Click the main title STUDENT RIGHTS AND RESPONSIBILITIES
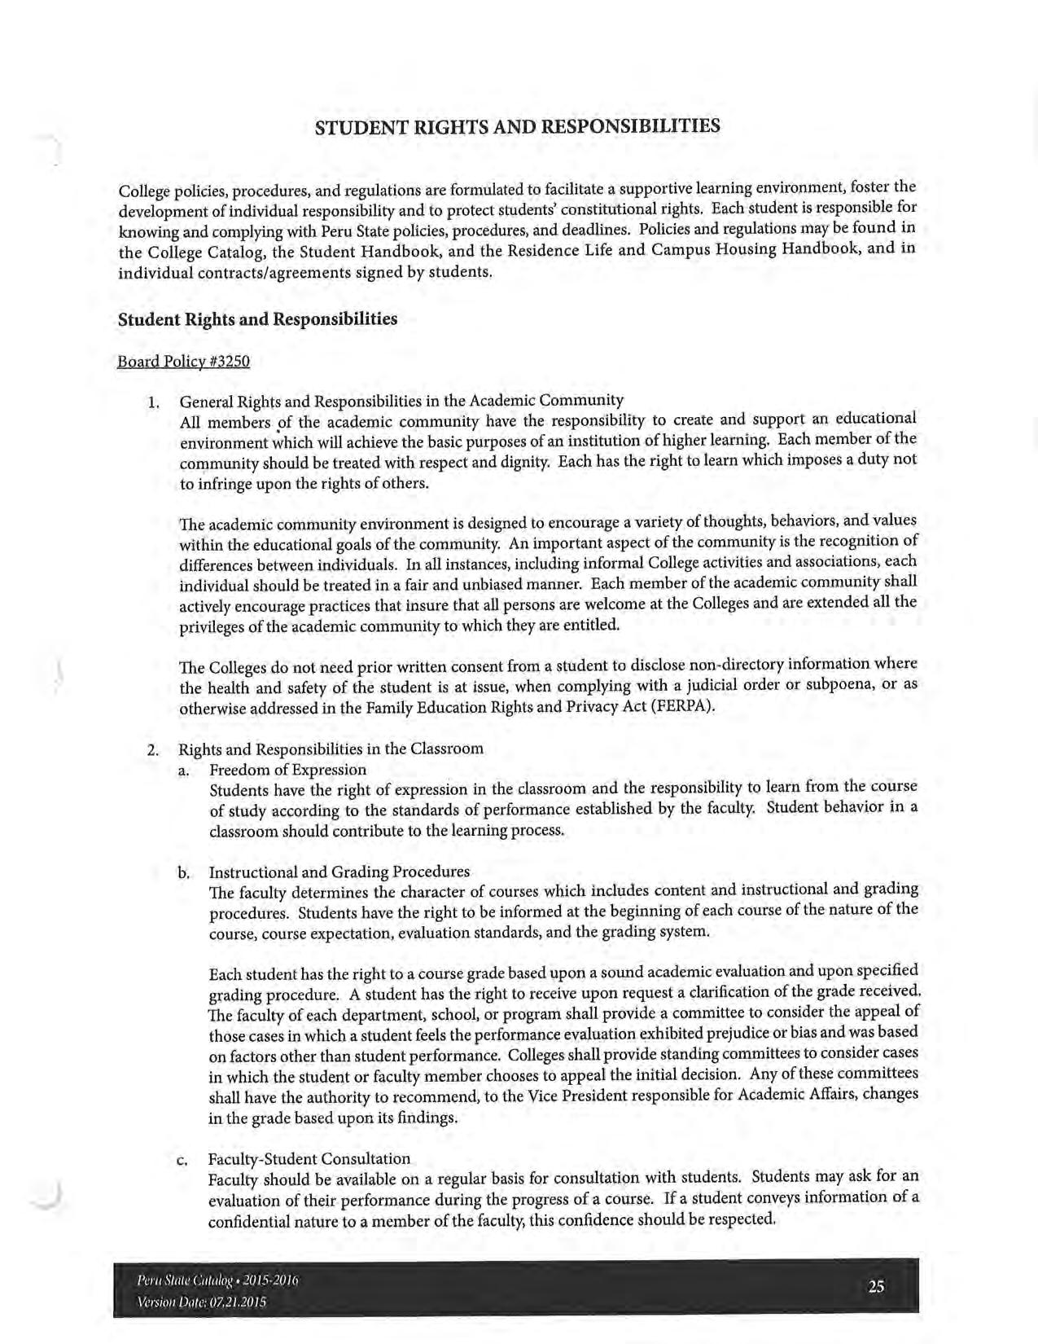click(x=518, y=126)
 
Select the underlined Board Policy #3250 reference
click(x=184, y=361)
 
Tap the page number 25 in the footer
click(x=876, y=1286)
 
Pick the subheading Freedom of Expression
click(x=288, y=770)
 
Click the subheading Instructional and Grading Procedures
click(x=339, y=872)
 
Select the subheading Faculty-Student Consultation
click(x=309, y=1158)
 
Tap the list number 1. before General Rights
click(x=153, y=402)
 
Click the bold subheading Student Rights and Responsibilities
click(x=258, y=318)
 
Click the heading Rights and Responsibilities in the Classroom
click(x=331, y=749)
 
